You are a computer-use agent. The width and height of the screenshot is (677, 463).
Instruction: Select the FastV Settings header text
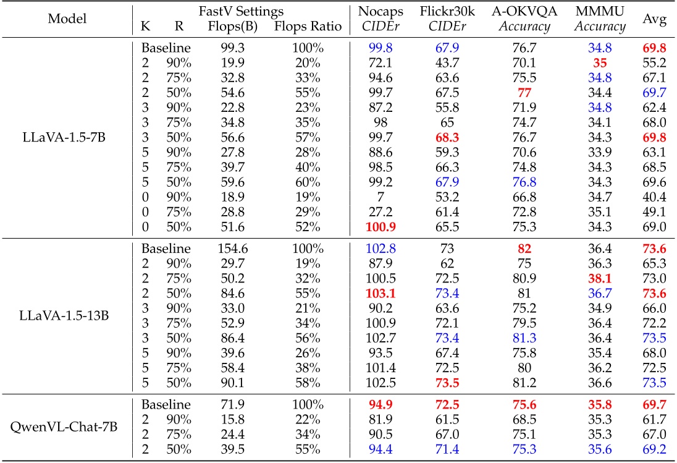(242, 11)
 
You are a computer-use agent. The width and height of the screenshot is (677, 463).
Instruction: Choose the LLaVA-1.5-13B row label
(65, 316)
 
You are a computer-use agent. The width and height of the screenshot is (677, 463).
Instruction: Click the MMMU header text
(600, 11)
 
